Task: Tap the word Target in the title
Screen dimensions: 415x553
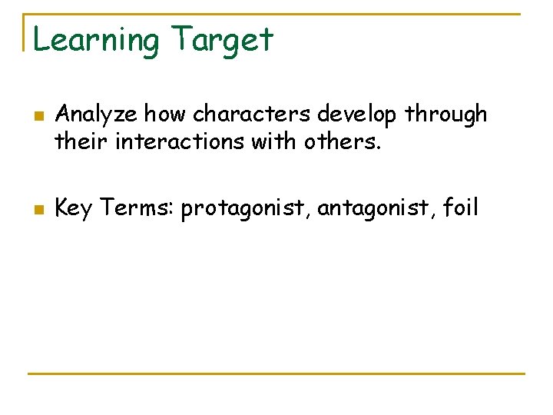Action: pyautogui.click(x=222, y=41)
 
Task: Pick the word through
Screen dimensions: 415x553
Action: pyautogui.click(x=446, y=115)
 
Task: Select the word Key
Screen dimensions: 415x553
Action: pyautogui.click(x=74, y=207)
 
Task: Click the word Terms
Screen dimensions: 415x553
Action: pyautogui.click(x=136, y=207)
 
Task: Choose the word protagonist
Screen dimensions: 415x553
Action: pyautogui.click(x=245, y=208)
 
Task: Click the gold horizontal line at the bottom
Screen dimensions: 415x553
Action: pyautogui.click(x=276, y=374)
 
